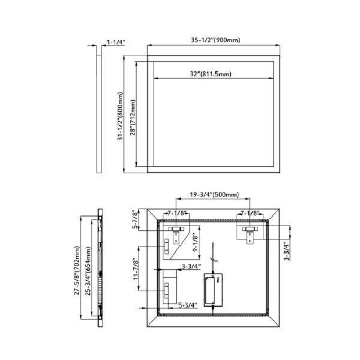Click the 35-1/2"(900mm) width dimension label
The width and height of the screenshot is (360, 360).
pyautogui.click(x=215, y=40)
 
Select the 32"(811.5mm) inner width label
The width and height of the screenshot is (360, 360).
pyautogui.click(x=211, y=74)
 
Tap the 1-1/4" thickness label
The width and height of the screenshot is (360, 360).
pyautogui.click(x=116, y=42)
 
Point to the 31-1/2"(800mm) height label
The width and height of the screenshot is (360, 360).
pyautogui.click(x=120, y=116)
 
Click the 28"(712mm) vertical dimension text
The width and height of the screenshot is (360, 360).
pyautogui.click(x=133, y=118)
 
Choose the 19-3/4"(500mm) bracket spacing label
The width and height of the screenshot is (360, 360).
pyautogui.click(x=214, y=195)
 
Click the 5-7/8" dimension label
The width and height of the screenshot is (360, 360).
pyautogui.click(x=135, y=219)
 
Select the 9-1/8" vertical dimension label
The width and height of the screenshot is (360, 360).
pyautogui.click(x=195, y=243)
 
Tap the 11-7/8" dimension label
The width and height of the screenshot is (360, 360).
pyautogui.click(x=136, y=269)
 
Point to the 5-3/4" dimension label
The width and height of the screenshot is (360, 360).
pyautogui.click(x=188, y=305)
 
